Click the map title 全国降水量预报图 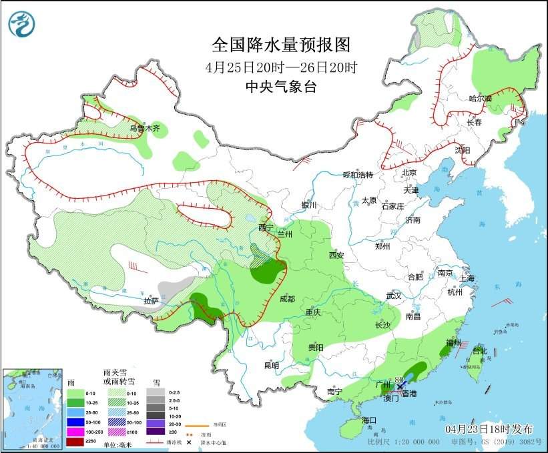click(x=280, y=45)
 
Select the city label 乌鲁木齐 click(x=145, y=128)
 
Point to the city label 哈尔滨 click(x=480, y=99)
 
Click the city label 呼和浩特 click(x=357, y=175)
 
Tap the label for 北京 click(x=409, y=173)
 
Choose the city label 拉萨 click(x=151, y=301)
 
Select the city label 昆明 click(x=271, y=365)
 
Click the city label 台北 click(x=479, y=351)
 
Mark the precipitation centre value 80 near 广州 click(x=399, y=379)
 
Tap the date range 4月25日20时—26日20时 click(x=280, y=67)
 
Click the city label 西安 click(x=335, y=255)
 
